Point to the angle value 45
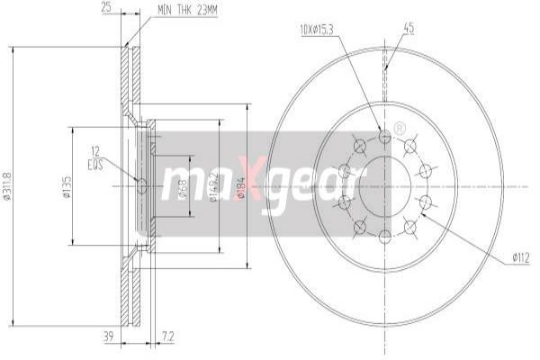[409, 29]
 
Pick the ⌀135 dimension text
[67, 186]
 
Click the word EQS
[94, 166]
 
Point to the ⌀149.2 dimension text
[212, 187]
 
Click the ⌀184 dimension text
[240, 186]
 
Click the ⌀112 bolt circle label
[520, 258]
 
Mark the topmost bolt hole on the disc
[385, 135]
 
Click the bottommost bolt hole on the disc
[385, 236]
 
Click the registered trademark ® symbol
[400, 128]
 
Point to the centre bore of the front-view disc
[385, 185]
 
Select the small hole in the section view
[139, 186]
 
